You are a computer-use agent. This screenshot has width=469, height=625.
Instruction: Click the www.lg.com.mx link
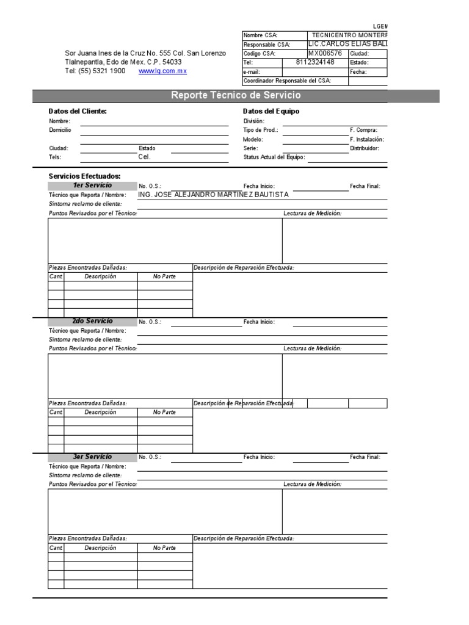pos(162,71)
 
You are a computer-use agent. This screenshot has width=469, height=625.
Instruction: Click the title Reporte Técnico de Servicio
pos(236,96)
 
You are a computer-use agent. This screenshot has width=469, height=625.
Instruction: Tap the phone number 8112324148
pos(314,62)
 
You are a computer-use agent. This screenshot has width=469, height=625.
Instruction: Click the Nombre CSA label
pos(260,35)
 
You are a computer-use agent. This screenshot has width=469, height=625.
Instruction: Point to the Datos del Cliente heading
pos(78,111)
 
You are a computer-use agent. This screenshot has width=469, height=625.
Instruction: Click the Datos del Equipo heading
pos(271,111)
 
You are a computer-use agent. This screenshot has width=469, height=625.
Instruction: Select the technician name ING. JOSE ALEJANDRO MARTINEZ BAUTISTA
pos(214,194)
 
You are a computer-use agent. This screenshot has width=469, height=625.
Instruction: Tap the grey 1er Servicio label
pos(92,186)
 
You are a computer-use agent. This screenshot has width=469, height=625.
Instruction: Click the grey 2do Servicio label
pos(92,321)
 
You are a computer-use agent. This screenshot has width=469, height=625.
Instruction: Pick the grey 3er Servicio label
pos(92,457)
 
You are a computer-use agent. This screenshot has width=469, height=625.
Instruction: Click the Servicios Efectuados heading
pos(84,176)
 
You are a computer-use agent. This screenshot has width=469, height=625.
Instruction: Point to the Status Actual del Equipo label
pos(274,157)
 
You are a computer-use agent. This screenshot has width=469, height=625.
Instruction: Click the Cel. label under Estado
pos(144,157)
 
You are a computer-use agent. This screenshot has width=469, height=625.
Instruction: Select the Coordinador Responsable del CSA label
pos(287,81)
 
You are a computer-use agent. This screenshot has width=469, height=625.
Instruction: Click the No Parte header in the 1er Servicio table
pos(164,276)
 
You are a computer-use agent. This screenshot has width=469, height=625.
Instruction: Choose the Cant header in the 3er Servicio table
pos(56,548)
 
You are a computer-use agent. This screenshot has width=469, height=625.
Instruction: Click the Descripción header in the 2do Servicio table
pos(100,412)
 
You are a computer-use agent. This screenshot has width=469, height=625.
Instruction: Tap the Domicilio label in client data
pos(60,130)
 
